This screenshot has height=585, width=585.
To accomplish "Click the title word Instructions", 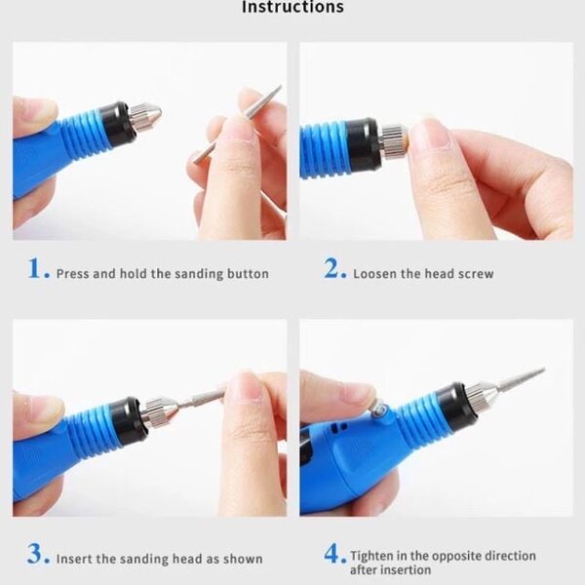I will (x=292, y=8).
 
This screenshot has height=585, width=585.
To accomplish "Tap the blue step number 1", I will (x=37, y=271).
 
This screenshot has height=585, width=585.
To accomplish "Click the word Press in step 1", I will (x=73, y=274).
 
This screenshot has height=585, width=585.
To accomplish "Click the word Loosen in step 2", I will (x=375, y=274).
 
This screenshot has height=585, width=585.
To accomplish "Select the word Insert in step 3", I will (x=74, y=560).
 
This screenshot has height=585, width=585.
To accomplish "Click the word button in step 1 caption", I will (x=248, y=274).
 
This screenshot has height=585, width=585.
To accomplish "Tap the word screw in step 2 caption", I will (x=477, y=274).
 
